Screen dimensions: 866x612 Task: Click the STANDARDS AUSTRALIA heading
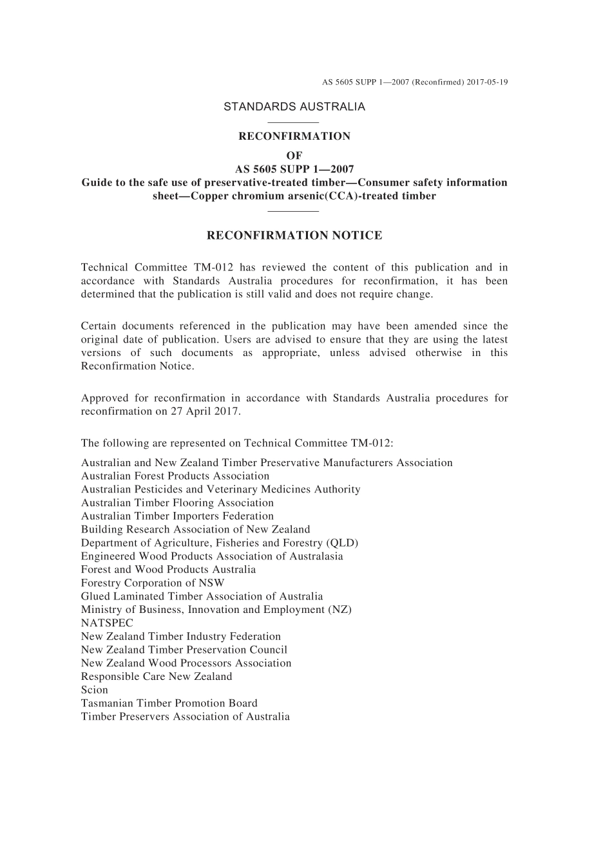(x=294, y=107)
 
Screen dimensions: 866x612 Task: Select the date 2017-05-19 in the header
(x=488, y=82)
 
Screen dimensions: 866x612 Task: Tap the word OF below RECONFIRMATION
(x=294, y=155)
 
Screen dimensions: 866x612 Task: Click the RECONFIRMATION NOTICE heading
(x=294, y=236)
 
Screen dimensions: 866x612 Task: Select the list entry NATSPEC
(x=107, y=623)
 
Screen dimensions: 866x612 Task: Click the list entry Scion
(x=95, y=690)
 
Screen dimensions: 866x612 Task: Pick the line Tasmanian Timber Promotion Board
(x=169, y=703)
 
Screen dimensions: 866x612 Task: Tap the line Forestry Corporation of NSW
(x=153, y=583)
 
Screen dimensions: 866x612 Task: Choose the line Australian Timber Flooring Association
(x=177, y=503)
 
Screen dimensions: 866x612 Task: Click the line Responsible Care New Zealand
(x=157, y=677)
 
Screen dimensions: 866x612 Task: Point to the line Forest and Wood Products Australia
(x=168, y=570)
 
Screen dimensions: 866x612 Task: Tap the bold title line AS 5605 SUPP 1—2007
(x=294, y=169)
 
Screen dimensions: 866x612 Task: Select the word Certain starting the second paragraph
(x=99, y=326)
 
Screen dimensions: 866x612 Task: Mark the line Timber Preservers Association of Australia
(x=186, y=717)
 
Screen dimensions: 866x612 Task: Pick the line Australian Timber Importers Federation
(x=177, y=516)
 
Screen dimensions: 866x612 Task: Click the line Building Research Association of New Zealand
(x=195, y=529)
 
